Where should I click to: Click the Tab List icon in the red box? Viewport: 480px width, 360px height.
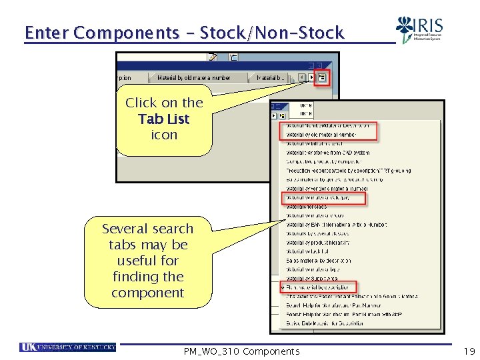tap(321, 77)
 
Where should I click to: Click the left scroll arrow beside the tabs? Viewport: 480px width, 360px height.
tap(302, 77)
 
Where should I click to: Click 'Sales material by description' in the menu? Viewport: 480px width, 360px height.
tap(318, 260)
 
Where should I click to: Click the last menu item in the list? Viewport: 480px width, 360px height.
tap(325, 323)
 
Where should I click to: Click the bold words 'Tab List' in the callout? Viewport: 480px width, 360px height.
tap(164, 119)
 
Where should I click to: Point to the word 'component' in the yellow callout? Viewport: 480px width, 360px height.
tap(148, 293)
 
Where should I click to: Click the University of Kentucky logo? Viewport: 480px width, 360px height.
tap(68, 347)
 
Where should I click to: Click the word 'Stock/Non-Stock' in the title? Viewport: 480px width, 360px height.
tap(272, 33)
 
